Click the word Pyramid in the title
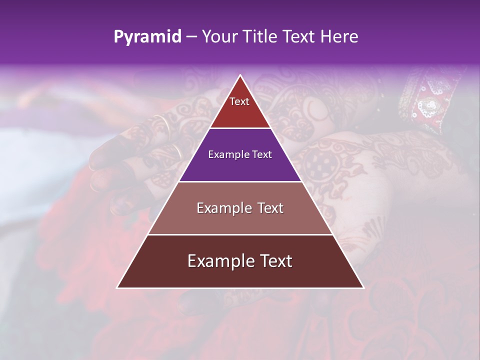pos(147,37)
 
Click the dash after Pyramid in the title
pos(191,37)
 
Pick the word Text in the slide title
pos(298,36)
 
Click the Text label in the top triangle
pos(239,101)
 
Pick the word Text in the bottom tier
pos(275,261)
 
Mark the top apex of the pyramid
pos(240,75)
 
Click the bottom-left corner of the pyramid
pos(117,287)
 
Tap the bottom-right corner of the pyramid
pos(363,287)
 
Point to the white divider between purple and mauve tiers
pos(240,181)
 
